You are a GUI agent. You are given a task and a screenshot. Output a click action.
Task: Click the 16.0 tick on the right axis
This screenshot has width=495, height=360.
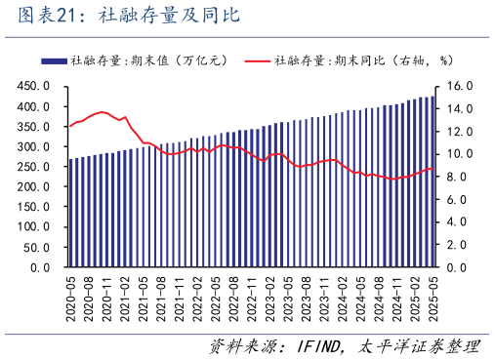point(460,86)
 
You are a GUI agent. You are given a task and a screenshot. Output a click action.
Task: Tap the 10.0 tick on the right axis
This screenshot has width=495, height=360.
point(460,154)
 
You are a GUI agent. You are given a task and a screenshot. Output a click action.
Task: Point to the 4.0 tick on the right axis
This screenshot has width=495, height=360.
point(457,221)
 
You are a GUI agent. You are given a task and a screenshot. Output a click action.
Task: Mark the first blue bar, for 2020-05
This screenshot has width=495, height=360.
point(70,213)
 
